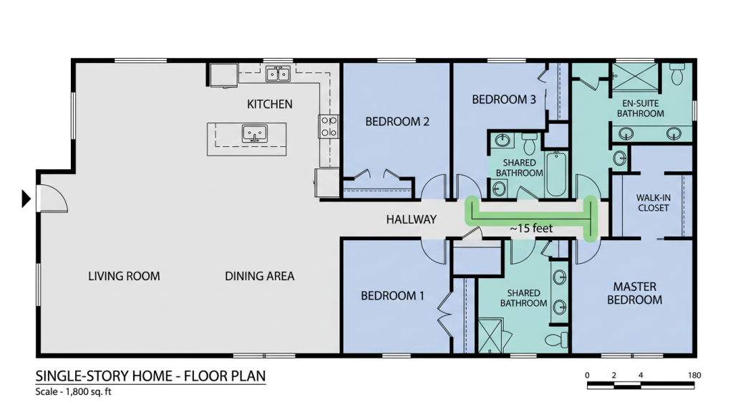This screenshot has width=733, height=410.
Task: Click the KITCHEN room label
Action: (x=270, y=104)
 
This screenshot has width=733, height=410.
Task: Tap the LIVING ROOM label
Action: (x=124, y=276)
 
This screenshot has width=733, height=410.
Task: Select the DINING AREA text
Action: (x=259, y=276)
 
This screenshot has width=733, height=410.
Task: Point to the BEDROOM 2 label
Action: (x=397, y=122)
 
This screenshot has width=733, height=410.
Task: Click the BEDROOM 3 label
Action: (x=504, y=99)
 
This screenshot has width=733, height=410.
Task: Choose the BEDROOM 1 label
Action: (x=393, y=296)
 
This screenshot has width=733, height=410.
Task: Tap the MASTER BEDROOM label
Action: (x=634, y=293)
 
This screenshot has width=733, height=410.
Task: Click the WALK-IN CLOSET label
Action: (x=653, y=203)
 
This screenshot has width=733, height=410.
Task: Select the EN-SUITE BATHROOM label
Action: (x=641, y=108)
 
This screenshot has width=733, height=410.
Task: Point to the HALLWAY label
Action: (x=412, y=219)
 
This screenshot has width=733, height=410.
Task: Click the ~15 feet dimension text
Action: (x=531, y=229)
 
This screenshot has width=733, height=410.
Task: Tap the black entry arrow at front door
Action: (x=26, y=199)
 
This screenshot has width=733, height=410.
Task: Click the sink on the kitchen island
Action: (x=255, y=133)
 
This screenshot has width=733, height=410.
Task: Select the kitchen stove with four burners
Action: (x=329, y=126)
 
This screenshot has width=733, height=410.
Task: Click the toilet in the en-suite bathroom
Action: (x=677, y=74)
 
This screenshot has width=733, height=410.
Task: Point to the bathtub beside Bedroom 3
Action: (x=556, y=173)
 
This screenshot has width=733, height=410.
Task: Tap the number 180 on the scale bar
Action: (x=694, y=375)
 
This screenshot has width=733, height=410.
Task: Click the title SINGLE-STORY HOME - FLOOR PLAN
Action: (x=150, y=376)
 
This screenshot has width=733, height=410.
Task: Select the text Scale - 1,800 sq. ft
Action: (x=74, y=392)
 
